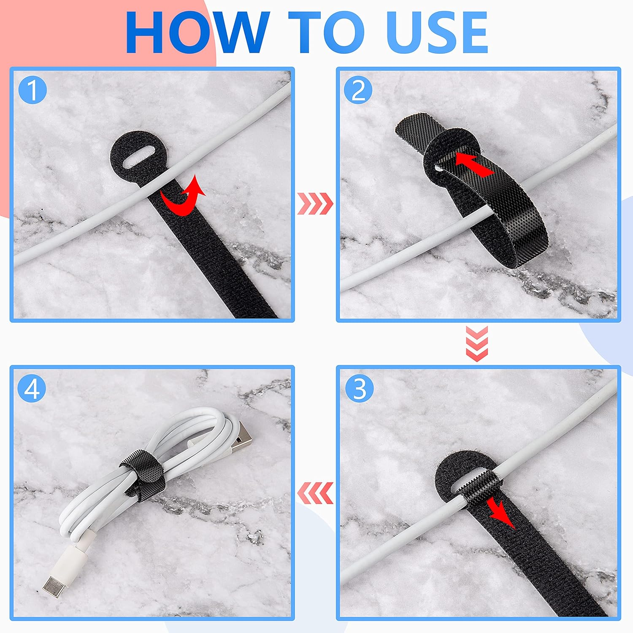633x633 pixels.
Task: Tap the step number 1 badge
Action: click(32, 90)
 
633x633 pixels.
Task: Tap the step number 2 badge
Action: click(358, 90)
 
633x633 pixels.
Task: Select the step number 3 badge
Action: click(359, 388)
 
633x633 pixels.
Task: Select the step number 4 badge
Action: click(32, 388)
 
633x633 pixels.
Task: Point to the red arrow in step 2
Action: click(474, 165)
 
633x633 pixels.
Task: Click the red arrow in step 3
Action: click(500, 512)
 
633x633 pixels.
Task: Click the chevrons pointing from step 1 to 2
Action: click(315, 203)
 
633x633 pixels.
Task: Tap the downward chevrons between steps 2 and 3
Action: click(477, 343)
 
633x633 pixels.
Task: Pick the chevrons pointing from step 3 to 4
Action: click(315, 493)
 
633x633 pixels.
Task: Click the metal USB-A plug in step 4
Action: click(242, 444)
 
